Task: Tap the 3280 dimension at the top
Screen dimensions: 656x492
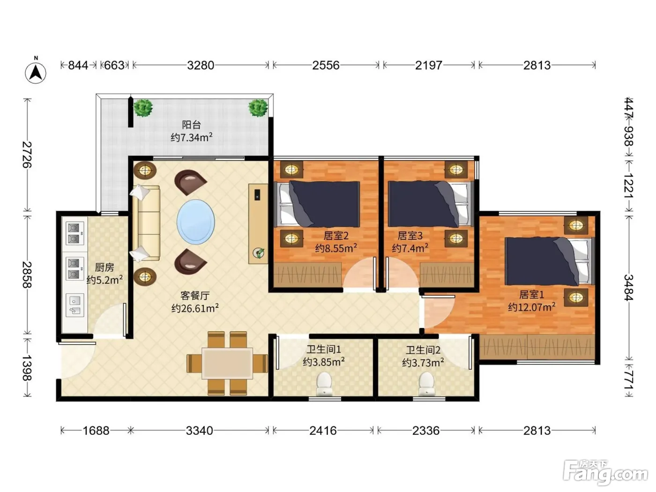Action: click(201, 65)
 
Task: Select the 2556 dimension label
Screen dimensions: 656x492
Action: click(326, 65)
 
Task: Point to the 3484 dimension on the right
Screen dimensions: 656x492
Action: click(628, 287)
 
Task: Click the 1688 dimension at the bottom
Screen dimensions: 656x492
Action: click(96, 431)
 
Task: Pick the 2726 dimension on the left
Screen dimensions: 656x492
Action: click(27, 155)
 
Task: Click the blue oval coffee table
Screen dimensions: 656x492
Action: click(196, 222)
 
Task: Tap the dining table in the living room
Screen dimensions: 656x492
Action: click(227, 364)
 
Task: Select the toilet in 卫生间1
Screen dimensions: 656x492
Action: click(324, 384)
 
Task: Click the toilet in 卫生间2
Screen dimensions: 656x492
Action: click(426, 384)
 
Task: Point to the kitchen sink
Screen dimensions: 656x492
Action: click(75, 306)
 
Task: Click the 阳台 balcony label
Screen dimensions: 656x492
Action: click(192, 125)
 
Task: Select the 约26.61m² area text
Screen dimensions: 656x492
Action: click(195, 308)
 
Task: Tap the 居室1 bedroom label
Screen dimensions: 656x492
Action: click(532, 295)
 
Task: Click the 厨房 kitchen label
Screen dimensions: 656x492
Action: click(104, 268)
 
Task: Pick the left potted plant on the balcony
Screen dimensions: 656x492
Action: click(143, 108)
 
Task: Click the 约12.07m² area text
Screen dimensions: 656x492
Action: click(532, 307)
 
